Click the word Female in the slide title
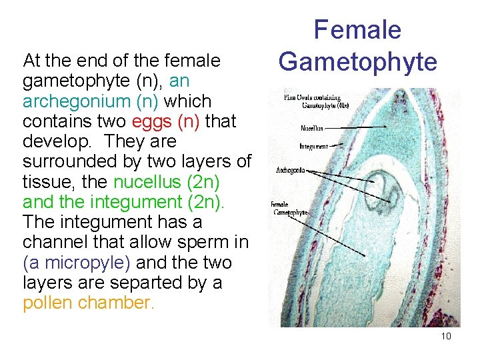[x=357, y=30]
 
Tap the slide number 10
[x=446, y=336]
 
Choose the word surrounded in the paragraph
[x=69, y=161]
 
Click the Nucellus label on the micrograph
[x=311, y=128]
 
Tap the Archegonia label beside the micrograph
[x=291, y=171]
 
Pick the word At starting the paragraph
[x=31, y=61]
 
